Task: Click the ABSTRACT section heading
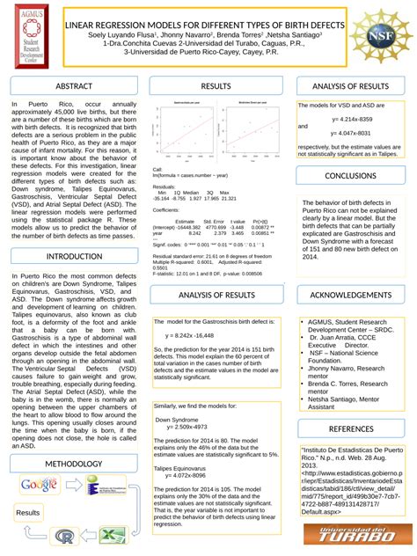(73, 86)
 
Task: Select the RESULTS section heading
(216, 86)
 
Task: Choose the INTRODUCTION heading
(74, 256)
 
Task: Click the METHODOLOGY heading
(74, 463)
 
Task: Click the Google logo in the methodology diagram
(38, 486)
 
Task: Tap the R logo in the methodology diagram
(64, 535)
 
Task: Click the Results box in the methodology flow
(27, 512)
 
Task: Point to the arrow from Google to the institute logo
(74, 486)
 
